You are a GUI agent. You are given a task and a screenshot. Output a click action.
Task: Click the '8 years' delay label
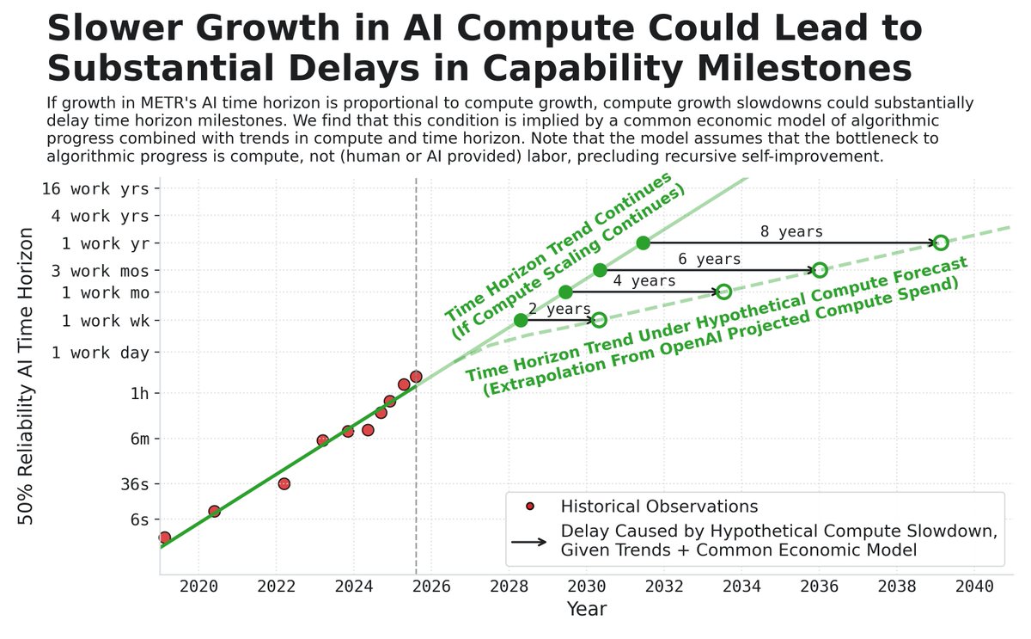coord(791,231)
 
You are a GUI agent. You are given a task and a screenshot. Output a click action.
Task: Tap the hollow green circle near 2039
coord(941,243)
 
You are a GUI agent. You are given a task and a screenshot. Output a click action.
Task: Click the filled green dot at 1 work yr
coord(644,243)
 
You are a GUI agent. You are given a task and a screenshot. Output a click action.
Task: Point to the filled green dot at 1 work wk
coord(521,320)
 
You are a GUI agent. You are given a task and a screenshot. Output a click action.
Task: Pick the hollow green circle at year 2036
coord(820,270)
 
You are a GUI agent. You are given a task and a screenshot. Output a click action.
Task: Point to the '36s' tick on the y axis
coord(131,483)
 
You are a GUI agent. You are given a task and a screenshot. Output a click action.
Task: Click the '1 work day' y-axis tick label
coord(100,352)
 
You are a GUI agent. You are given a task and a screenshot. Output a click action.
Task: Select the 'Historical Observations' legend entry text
coord(659,505)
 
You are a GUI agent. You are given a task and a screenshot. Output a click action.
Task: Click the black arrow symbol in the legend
coord(528,542)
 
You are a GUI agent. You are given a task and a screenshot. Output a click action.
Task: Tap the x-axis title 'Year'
coord(586,610)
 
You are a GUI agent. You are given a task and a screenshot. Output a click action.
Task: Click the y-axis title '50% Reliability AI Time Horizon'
coord(27,376)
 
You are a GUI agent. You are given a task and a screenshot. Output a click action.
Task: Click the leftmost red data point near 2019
coord(164,538)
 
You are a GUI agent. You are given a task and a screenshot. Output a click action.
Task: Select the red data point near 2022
coord(284,483)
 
